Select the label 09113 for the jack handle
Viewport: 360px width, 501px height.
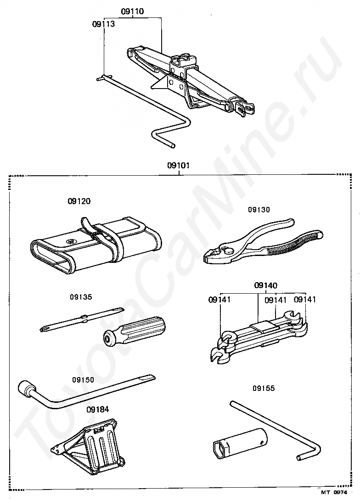point(103,24)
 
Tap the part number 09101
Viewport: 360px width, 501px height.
point(178,166)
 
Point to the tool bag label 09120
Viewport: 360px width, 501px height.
point(79,201)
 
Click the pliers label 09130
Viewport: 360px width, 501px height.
point(259,210)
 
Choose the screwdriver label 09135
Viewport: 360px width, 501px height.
point(81,297)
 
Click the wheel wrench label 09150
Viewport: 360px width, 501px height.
point(83,380)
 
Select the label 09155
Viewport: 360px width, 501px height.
point(263,388)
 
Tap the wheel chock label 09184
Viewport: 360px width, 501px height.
point(97,409)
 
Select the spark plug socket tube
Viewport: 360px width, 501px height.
point(239,441)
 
